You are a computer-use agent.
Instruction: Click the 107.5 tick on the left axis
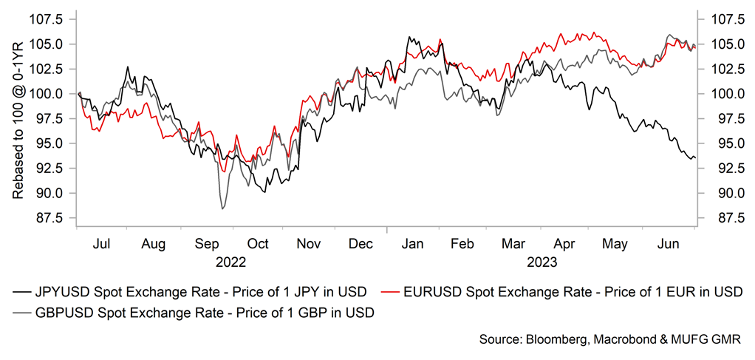click(x=50, y=18)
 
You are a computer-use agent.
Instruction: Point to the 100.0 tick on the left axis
click(x=50, y=94)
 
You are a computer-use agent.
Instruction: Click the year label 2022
click(x=230, y=261)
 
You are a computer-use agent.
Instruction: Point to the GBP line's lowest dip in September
click(x=223, y=209)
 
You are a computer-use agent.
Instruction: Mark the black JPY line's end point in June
click(x=694, y=158)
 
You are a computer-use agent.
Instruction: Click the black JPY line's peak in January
click(x=409, y=37)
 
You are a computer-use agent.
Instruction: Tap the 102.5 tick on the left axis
click(x=50, y=69)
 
